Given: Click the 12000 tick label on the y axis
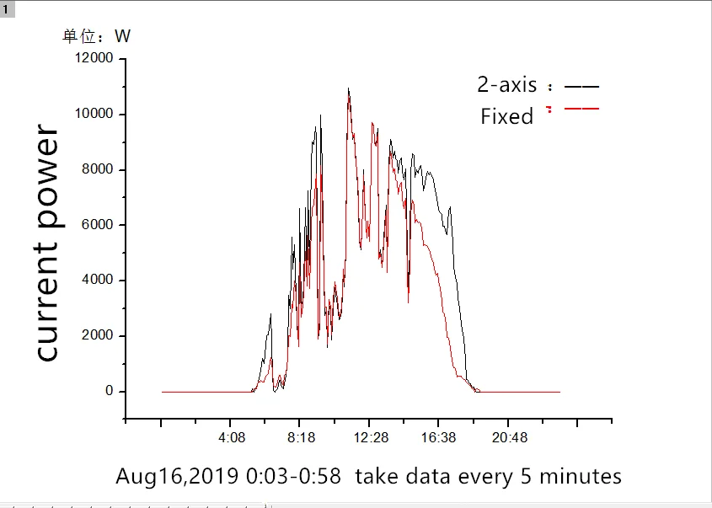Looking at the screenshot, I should pos(93,59).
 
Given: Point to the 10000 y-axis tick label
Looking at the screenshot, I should pos(93,115).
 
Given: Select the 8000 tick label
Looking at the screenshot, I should pos(96,170).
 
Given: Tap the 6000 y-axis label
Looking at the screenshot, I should pos(96,225).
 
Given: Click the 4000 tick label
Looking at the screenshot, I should pos(96,281).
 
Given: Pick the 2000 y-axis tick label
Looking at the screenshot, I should pos(96,336).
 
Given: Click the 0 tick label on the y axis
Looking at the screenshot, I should pos(109,392).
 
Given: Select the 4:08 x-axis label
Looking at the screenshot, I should pos(232,438).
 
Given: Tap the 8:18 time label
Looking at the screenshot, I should pos(301,438).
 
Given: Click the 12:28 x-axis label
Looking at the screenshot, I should pos(371,438).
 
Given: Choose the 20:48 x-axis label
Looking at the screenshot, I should pos(510,438).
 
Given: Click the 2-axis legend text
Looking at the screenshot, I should pos(506,85).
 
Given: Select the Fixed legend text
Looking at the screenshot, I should pos(506,116).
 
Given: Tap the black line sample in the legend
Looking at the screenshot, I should pos(581,86).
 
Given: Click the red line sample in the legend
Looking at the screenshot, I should pos(581,109).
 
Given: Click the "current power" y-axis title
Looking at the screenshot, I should pos(47,244).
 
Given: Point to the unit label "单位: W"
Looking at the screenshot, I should pos(97,36).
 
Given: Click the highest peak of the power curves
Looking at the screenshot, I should pos(348,89).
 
